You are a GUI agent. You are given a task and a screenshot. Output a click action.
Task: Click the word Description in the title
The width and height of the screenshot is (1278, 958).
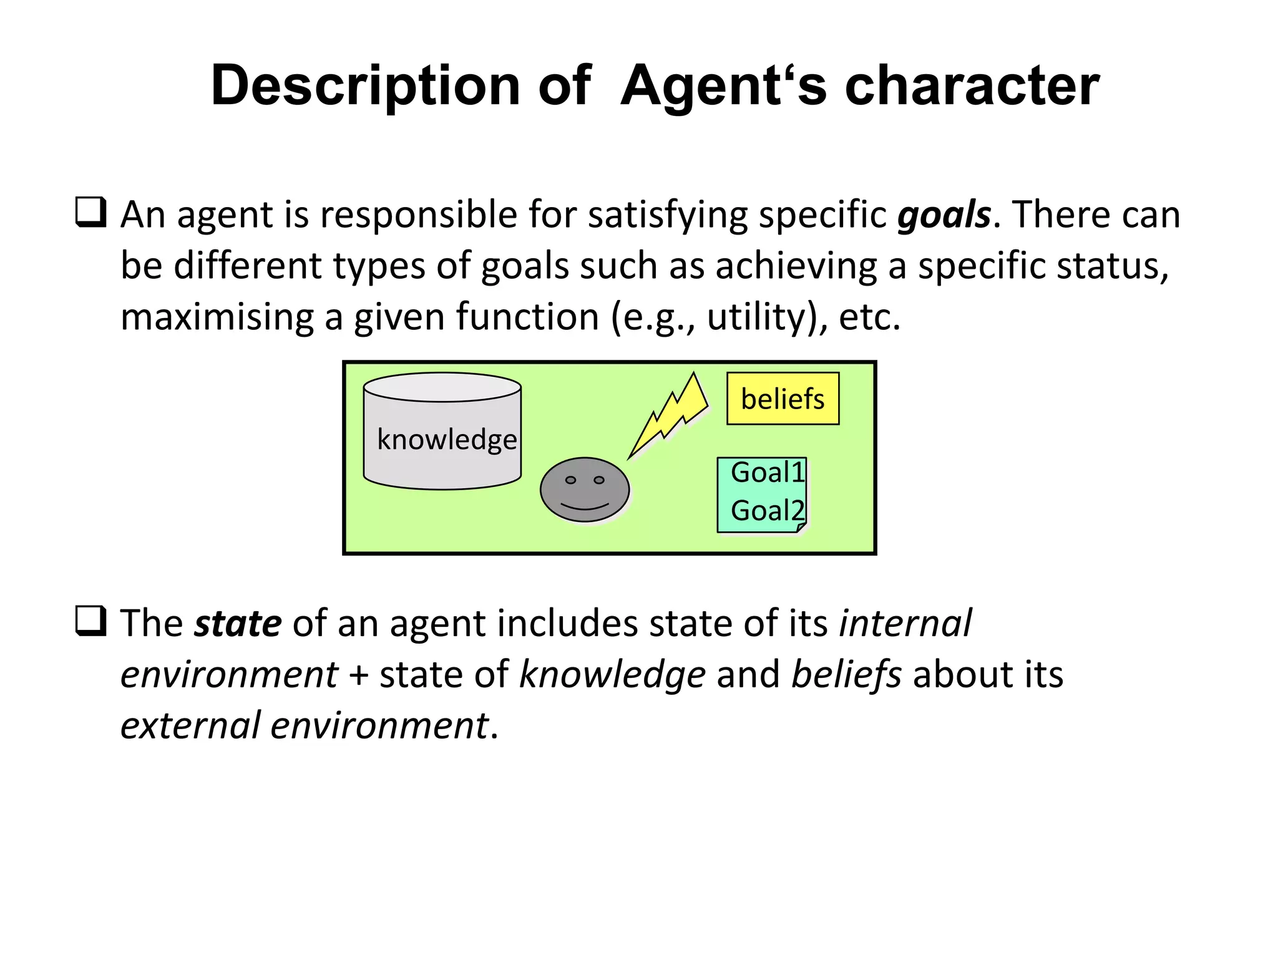365,86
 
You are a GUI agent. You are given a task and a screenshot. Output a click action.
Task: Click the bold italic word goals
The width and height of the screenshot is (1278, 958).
944,215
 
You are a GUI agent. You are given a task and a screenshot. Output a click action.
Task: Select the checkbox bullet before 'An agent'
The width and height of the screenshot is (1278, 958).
90,212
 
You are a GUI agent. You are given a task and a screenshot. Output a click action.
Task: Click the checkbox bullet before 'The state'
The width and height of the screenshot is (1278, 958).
90,621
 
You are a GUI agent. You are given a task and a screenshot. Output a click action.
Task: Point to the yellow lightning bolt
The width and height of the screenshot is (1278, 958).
671,415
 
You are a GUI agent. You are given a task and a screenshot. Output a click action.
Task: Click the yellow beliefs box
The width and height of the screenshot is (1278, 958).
783,399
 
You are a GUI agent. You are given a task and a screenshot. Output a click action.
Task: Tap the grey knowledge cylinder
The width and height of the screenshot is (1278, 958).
442,437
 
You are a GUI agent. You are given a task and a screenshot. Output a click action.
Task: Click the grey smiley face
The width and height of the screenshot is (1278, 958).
585,490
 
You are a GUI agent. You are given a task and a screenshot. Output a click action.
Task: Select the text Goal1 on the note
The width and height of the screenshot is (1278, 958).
768,473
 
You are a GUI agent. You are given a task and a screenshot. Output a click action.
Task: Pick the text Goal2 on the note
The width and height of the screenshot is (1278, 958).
768,511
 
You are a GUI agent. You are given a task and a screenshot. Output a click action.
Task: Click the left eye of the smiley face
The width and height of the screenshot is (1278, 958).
570,480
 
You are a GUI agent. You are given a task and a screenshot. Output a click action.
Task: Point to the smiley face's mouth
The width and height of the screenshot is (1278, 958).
585,506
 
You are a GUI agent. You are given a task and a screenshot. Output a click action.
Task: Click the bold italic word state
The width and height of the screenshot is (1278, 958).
238,623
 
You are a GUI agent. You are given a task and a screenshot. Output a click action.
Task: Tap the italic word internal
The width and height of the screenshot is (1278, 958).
905,623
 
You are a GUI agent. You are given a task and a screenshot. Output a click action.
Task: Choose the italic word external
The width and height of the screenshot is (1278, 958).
190,726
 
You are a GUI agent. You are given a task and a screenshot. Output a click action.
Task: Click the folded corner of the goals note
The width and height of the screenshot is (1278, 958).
802,528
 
